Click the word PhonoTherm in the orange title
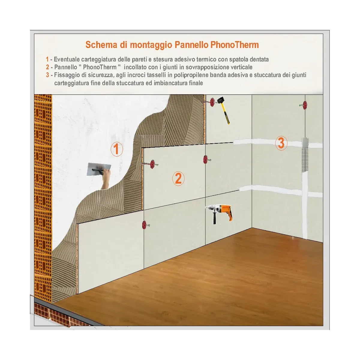click(x=235, y=45)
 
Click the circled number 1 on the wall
click(x=117, y=149)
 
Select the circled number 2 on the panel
click(x=178, y=178)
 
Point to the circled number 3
click(x=281, y=143)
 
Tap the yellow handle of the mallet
click(x=226, y=115)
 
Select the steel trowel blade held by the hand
click(x=99, y=169)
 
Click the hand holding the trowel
click(x=106, y=179)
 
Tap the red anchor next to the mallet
click(x=212, y=102)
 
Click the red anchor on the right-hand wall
click(x=305, y=105)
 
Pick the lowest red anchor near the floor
click(x=144, y=225)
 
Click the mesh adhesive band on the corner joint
click(x=305, y=154)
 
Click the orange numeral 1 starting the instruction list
click(x=47, y=60)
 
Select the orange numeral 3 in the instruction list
click(x=47, y=75)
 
